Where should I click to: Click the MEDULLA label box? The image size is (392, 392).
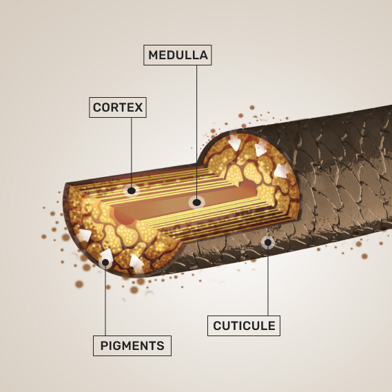178,55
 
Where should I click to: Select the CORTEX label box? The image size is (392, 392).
118,107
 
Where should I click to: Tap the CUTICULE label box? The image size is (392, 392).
244,325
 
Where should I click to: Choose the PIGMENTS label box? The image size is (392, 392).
132,346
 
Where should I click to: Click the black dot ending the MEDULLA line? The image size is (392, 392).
197,203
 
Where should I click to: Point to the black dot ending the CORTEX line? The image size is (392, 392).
132,191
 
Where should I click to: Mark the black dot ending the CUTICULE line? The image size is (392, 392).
268,243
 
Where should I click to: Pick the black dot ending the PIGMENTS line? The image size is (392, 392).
105,262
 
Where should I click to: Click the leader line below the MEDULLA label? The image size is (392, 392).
196,132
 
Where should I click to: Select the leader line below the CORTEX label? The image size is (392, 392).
132,152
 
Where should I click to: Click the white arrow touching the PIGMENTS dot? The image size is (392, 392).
107,256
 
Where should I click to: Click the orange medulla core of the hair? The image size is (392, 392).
185,203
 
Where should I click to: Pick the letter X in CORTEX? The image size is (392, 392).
138,107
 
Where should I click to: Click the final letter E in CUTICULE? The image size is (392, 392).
271,326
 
